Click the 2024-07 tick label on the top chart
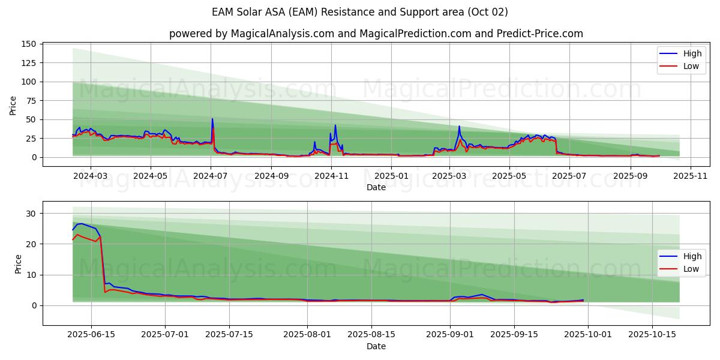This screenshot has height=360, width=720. pos(211,176)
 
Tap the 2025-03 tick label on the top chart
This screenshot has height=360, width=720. pos(449,176)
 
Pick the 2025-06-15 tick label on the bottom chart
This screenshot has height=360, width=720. pos(91,335)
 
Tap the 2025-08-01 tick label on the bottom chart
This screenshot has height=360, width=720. pos(307,335)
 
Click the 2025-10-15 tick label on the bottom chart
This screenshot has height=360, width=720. pos(651,335)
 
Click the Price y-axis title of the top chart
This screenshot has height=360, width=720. pos(13,105)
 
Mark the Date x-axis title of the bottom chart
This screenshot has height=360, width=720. pos(376,346)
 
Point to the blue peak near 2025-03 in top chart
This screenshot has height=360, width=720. pos(459,126)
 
